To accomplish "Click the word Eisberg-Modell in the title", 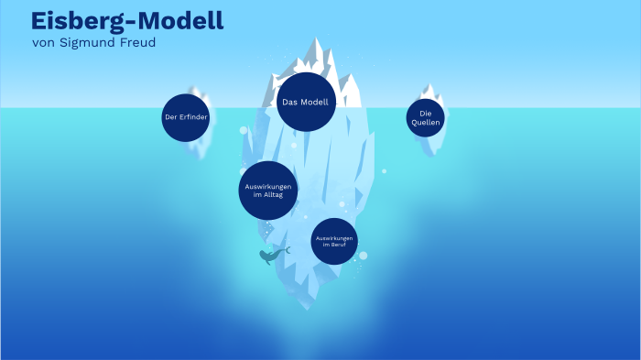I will click(x=126, y=21).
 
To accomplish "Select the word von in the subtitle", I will click(x=43, y=43).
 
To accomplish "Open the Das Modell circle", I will click(x=305, y=102).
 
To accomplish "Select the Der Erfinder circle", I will click(x=186, y=117).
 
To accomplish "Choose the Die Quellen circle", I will click(x=425, y=117).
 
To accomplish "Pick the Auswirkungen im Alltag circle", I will click(x=267, y=191).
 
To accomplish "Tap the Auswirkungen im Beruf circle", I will click(x=334, y=242).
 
